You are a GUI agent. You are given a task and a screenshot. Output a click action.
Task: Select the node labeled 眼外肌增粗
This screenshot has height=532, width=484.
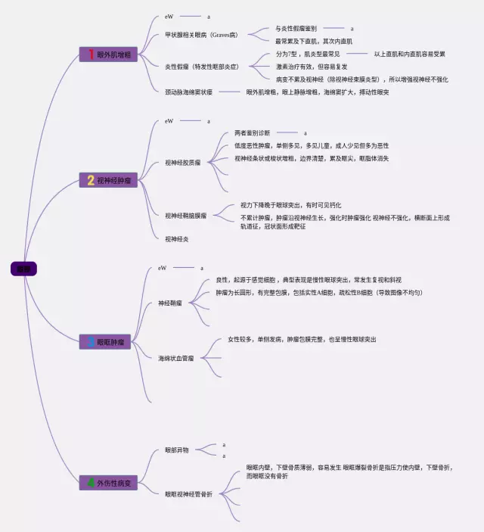pyautogui.click(x=109, y=54)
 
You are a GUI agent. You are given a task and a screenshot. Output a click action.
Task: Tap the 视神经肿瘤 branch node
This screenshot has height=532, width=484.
pyautogui.click(x=109, y=180)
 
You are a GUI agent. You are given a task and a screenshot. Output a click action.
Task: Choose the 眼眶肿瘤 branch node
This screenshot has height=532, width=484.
pyautogui.click(x=109, y=342)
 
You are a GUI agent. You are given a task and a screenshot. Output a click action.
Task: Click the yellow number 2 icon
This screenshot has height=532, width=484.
pyautogui.click(x=91, y=180)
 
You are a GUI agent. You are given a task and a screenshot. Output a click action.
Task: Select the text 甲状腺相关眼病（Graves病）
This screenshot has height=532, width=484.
pyautogui.click(x=200, y=35)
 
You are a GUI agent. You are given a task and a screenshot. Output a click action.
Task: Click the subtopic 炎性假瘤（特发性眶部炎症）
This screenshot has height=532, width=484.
pyautogui.click(x=202, y=67)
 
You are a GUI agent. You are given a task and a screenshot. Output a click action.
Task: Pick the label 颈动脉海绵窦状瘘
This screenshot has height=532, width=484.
pyautogui.click(x=189, y=92)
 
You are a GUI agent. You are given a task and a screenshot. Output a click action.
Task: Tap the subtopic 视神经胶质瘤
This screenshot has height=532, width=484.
pyautogui.click(x=183, y=162)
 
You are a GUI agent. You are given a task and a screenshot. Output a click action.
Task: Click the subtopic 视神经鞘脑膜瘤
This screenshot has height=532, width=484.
pyautogui.click(x=186, y=216)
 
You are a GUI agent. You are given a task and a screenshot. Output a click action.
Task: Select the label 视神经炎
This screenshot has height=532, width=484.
pyautogui.click(x=177, y=239)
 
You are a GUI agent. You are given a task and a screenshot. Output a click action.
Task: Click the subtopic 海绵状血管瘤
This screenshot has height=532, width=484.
pyautogui.click(x=175, y=357)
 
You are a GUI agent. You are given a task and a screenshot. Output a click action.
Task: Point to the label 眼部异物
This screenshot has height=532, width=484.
pyautogui.click(x=177, y=450)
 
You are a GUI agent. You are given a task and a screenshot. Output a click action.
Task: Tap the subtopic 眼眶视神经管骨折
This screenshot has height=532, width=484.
pyautogui.click(x=189, y=494)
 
